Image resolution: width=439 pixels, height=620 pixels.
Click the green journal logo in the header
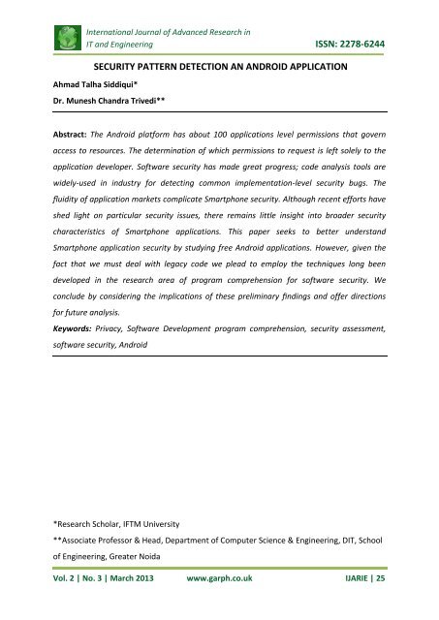click(x=44, y=38)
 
